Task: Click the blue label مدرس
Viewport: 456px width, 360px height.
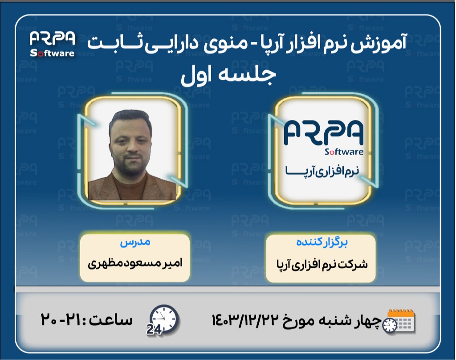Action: pyautogui.click(x=135, y=244)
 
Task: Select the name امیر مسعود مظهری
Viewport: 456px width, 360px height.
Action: pyautogui.click(x=135, y=262)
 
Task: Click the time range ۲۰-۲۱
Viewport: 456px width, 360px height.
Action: pyautogui.click(x=62, y=319)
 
